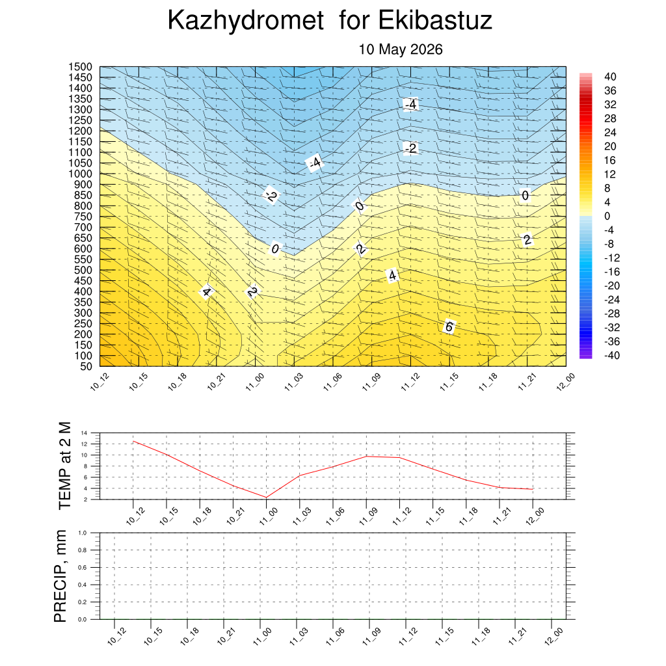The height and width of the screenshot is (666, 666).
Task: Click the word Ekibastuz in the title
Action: click(435, 20)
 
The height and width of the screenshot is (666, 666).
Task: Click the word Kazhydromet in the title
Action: click(246, 21)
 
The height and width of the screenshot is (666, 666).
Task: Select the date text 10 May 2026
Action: click(401, 49)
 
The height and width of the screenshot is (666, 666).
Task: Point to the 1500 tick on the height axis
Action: click(80, 67)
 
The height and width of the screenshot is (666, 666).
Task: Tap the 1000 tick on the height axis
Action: click(80, 174)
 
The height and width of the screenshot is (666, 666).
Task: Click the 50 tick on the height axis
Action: click(87, 367)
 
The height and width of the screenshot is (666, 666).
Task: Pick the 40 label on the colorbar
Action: click(610, 77)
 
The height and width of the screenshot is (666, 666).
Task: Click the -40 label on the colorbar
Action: click(611, 355)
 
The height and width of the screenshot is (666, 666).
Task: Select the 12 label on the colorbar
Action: click(610, 174)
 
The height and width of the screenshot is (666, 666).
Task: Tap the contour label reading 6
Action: click(449, 326)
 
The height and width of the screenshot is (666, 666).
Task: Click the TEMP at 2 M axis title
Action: click(64, 466)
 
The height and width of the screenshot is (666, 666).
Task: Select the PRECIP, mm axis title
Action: click(60, 576)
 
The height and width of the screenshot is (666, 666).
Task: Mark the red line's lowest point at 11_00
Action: click(266, 498)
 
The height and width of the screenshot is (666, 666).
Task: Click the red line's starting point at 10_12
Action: click(133, 442)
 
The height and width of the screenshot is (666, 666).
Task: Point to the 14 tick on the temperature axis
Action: click(84, 433)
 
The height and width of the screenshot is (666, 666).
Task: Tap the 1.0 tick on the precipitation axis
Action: click(83, 533)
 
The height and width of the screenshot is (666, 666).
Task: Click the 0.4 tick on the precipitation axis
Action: click(83, 585)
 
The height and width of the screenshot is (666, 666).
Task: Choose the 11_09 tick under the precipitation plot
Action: click(371, 637)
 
